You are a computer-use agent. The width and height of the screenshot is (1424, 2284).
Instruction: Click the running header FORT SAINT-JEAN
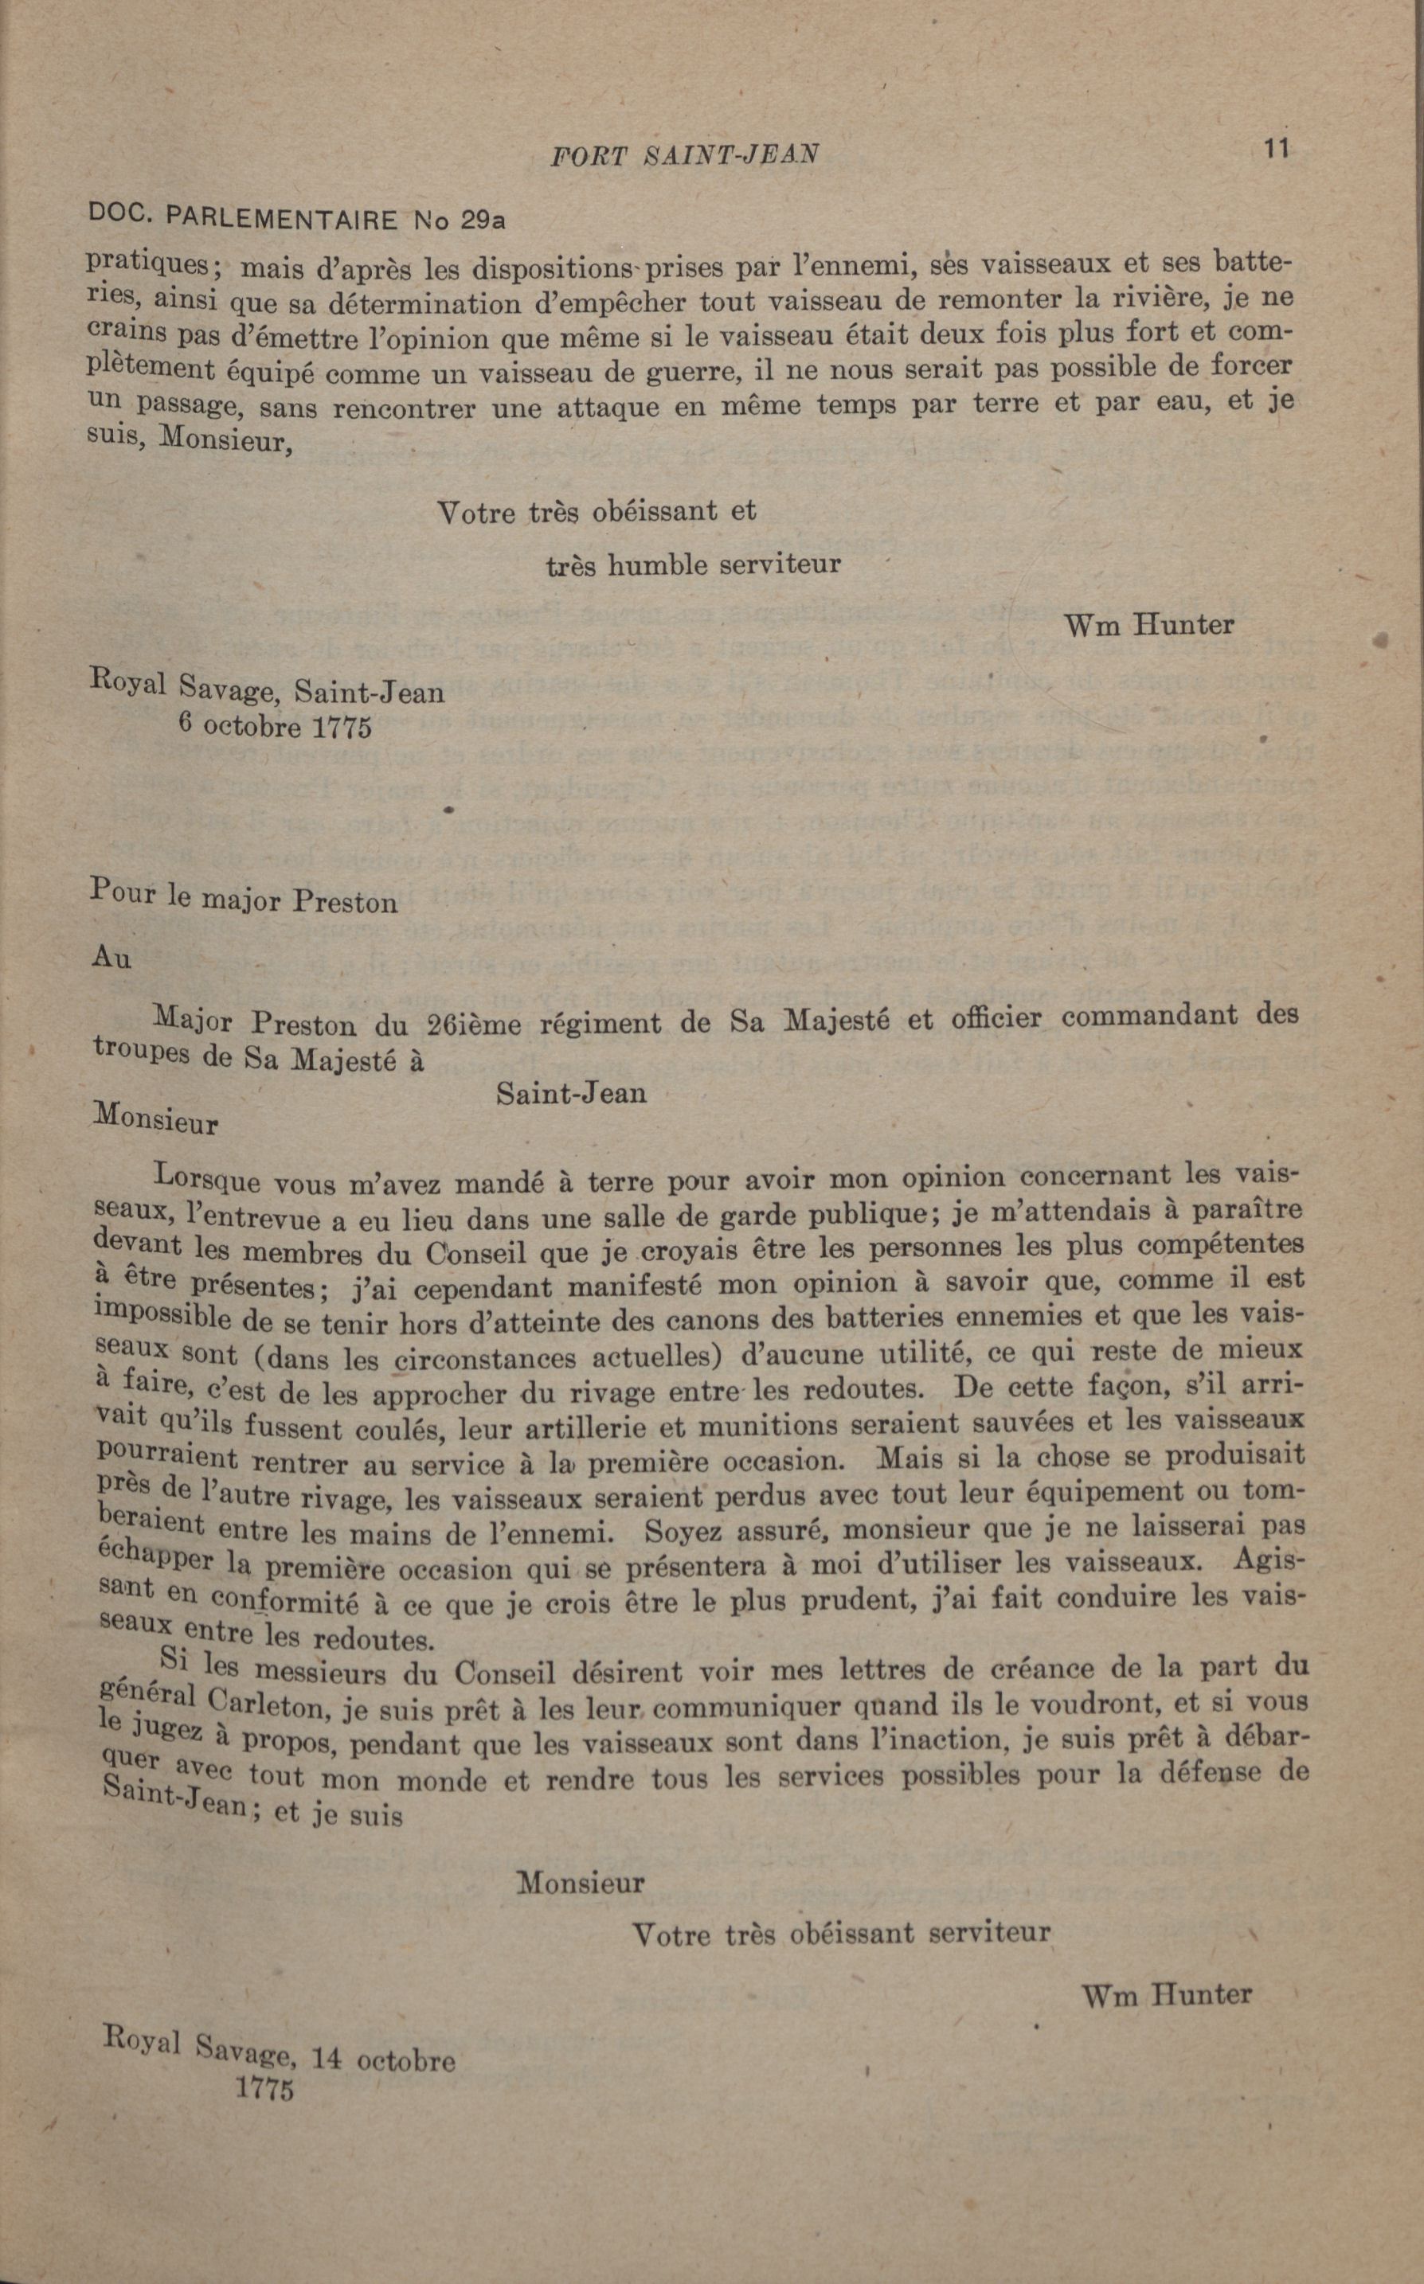coord(684,154)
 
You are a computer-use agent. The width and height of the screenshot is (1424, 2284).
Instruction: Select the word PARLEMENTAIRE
coord(280,220)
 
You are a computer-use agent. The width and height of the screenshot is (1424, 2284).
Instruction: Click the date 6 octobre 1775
coord(275,728)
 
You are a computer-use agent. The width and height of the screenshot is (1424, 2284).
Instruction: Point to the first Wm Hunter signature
coord(1148,623)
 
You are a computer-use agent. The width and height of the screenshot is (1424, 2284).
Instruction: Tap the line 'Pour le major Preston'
coord(244,898)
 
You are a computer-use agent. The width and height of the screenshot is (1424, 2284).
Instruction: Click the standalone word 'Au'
coord(111,958)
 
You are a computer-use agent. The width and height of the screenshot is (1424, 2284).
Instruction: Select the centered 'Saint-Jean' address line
coord(571,1093)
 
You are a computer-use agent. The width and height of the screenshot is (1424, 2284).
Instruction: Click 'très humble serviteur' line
coord(693,565)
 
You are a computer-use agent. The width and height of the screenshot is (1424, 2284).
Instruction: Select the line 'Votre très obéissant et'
coord(597,512)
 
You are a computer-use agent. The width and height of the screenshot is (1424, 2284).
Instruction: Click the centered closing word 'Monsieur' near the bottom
coord(581,1883)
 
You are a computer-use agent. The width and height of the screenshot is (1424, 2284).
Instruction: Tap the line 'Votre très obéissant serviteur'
coord(840,1934)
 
